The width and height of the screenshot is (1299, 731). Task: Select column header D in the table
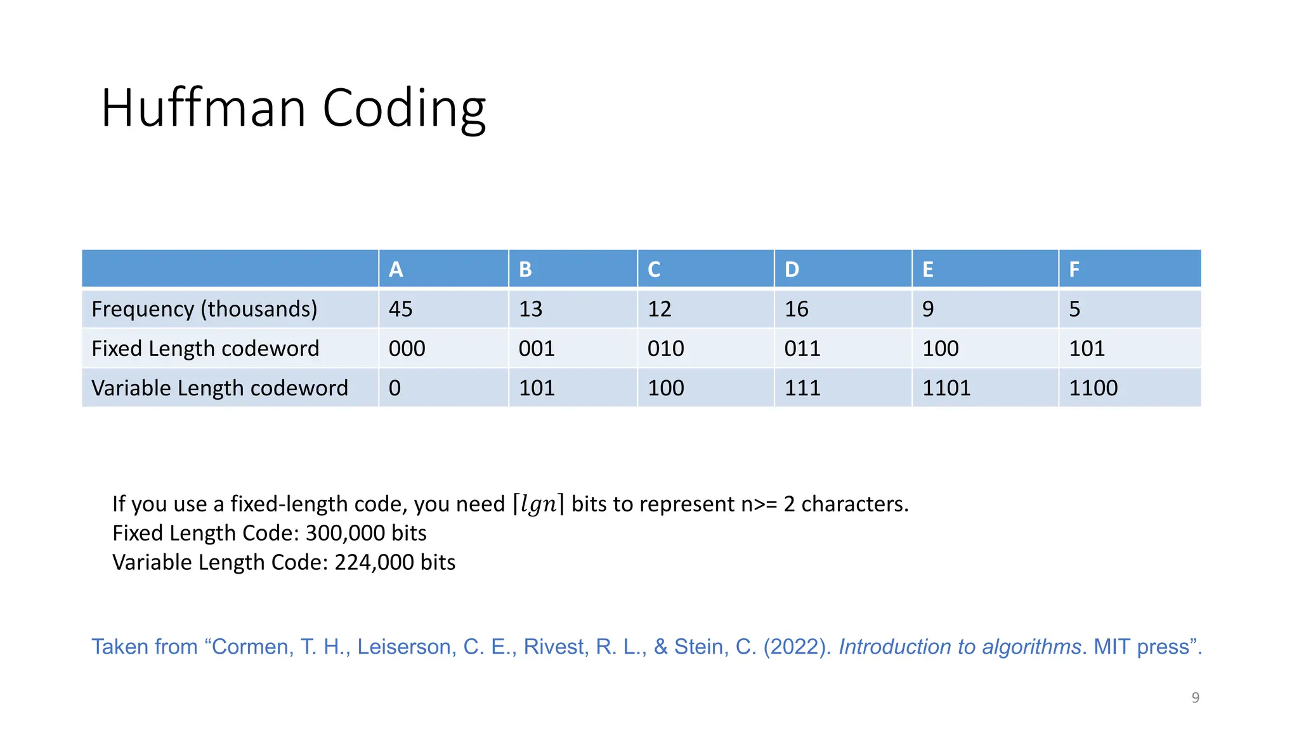(792, 270)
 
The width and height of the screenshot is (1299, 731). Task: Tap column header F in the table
(1074, 270)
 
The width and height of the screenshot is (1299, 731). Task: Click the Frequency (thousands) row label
(204, 309)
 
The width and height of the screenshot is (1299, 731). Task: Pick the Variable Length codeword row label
(219, 388)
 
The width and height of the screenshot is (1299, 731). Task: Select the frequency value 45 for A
(400, 309)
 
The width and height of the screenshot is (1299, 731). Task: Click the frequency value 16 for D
(796, 309)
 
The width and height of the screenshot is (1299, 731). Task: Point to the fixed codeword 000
(407, 348)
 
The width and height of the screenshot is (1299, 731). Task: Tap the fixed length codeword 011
(802, 348)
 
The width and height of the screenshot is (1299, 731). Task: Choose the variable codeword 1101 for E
(946, 388)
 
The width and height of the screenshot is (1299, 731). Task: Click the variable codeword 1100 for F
(1093, 388)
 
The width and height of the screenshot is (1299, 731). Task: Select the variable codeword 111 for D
(802, 388)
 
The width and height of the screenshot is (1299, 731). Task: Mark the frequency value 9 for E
(928, 309)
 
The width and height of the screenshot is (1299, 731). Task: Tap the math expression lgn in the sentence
(539, 504)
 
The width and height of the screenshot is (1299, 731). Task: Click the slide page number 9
(1195, 697)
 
